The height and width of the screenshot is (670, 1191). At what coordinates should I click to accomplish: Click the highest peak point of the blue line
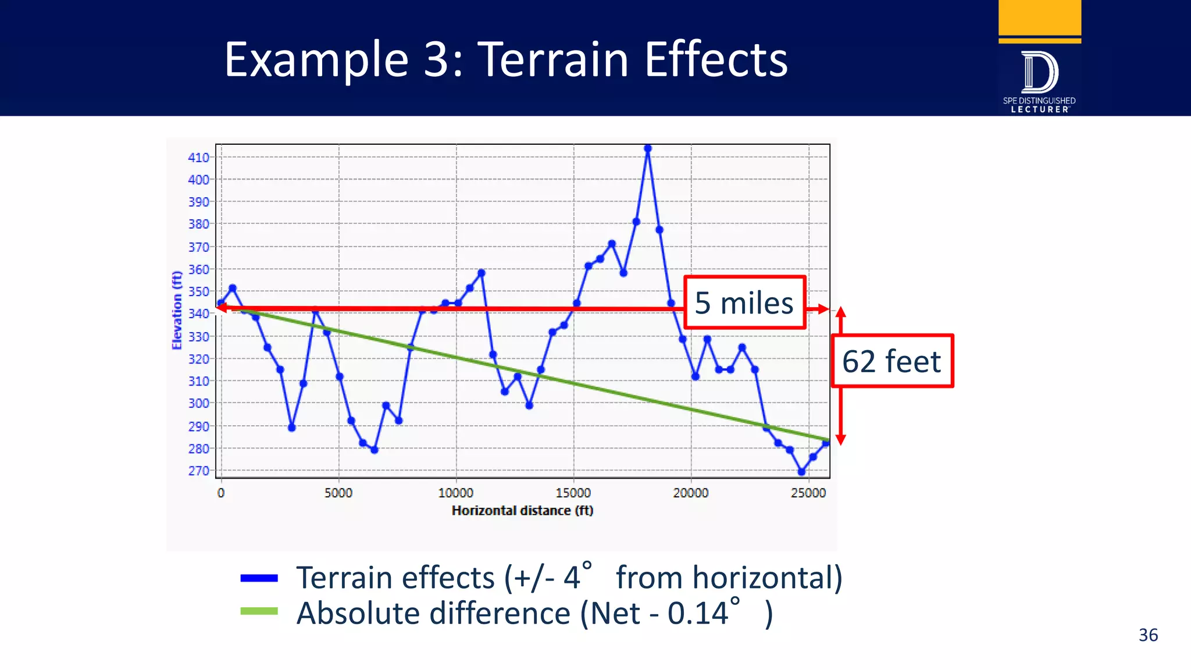[x=648, y=148]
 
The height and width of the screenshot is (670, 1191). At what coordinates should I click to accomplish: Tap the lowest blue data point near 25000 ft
[x=801, y=472]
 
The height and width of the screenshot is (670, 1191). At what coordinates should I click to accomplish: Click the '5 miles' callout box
[x=744, y=303]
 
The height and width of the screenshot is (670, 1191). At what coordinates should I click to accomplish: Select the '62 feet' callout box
[x=892, y=361]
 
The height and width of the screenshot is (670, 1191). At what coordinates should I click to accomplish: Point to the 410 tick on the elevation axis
[x=198, y=158]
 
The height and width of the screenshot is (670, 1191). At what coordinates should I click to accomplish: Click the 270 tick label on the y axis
[x=198, y=471]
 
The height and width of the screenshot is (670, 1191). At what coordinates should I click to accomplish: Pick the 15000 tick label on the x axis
[x=573, y=493]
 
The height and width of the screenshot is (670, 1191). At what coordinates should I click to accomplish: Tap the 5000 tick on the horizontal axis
[x=338, y=493]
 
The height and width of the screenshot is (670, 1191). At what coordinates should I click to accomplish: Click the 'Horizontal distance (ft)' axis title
[x=522, y=511]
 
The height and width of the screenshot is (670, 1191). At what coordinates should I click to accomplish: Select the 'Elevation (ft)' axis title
[x=177, y=310]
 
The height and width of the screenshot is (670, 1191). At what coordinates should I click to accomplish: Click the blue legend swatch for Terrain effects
[x=259, y=578]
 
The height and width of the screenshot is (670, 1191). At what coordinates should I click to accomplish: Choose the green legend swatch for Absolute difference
[x=259, y=611]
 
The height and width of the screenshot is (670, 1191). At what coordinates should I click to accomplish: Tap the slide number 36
[x=1148, y=635]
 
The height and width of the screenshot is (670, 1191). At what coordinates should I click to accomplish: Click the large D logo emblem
[x=1039, y=73]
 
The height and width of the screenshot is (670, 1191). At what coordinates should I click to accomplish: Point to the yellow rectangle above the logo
[x=1040, y=17]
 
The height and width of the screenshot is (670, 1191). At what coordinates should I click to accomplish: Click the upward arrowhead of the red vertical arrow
[x=840, y=312]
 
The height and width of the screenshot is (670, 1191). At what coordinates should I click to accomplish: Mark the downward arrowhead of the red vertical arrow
[x=840, y=440]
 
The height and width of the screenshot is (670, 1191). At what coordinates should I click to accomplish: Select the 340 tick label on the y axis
[x=198, y=314]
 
